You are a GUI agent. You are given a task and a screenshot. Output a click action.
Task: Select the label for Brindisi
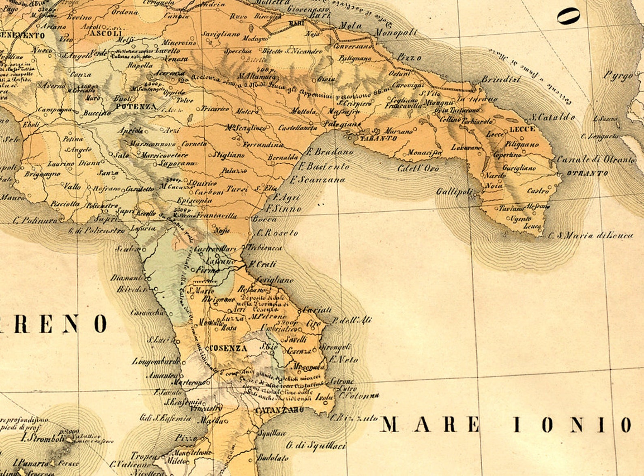point(501,79)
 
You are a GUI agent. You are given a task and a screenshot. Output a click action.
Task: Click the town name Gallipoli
point(454,191)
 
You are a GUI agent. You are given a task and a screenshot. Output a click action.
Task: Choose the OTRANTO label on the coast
point(587,174)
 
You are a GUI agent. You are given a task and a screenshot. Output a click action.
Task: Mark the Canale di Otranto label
point(595,159)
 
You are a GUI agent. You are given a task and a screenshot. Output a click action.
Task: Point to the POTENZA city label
point(135,107)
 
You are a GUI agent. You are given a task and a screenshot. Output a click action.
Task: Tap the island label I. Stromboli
point(43,439)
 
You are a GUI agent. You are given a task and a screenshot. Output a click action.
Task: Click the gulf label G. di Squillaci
point(316,446)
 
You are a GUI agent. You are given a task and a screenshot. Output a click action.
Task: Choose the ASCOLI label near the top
point(106,33)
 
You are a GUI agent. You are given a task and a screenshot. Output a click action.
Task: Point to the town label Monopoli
point(395,33)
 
